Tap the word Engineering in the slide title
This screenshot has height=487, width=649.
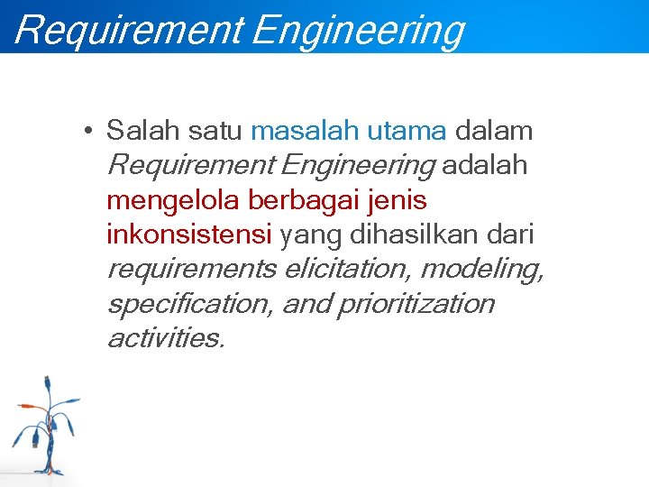pos(359,29)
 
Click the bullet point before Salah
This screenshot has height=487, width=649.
pos(84,132)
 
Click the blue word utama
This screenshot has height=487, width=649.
pos(406,132)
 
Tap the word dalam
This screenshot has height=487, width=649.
pos(494,132)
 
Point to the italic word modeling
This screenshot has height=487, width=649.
pos(482,270)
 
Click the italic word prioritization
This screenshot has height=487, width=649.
pos(416,304)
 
